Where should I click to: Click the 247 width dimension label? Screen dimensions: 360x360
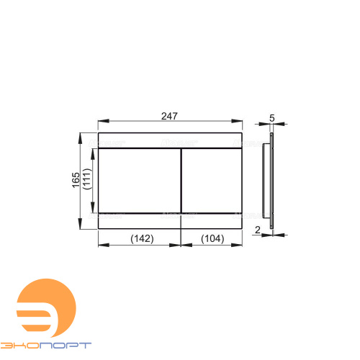(x=169, y=116)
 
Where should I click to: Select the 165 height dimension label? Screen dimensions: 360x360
(x=76, y=180)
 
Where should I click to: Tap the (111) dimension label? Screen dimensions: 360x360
(x=87, y=179)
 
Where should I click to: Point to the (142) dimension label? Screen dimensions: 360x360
(x=142, y=239)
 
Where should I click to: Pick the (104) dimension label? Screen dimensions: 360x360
(x=212, y=239)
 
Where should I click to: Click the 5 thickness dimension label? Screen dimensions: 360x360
(x=272, y=118)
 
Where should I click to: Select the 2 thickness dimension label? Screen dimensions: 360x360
(x=258, y=230)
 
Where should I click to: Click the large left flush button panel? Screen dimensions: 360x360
(x=139, y=181)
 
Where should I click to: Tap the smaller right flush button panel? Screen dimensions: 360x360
(x=212, y=181)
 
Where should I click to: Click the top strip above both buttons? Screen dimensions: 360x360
(x=170, y=140)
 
